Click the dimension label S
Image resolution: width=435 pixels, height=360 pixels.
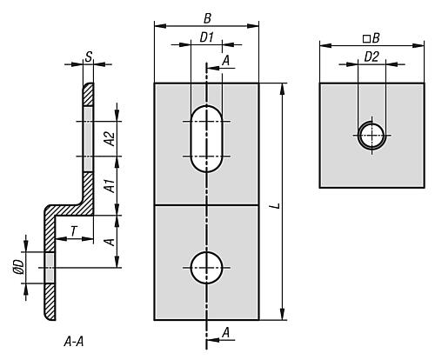[88, 57]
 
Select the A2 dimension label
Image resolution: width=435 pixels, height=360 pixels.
[110, 138]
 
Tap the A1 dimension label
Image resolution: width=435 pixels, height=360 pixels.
[110, 186]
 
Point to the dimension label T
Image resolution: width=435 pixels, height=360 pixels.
[74, 231]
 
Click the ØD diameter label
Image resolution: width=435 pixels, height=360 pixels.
[19, 267]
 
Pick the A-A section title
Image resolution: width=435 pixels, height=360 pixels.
[74, 342]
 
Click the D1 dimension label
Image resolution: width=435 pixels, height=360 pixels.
[206, 37]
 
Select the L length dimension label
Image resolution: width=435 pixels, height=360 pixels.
[277, 206]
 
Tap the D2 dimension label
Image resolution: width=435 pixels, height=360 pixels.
[371, 57]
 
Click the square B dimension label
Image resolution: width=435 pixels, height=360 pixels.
[371, 38]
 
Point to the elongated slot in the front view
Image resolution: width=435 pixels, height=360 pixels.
[206, 139]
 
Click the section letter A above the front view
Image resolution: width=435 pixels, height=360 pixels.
[226, 61]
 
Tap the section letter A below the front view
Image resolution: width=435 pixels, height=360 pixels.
[226, 332]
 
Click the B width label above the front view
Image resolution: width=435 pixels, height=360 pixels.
[207, 19]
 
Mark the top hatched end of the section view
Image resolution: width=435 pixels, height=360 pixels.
[88, 94]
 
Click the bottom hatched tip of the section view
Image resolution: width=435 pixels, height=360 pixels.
[50, 303]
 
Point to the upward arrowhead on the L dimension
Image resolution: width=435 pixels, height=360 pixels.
[282, 89]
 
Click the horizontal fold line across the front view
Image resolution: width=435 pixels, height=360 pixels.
[206, 205]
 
